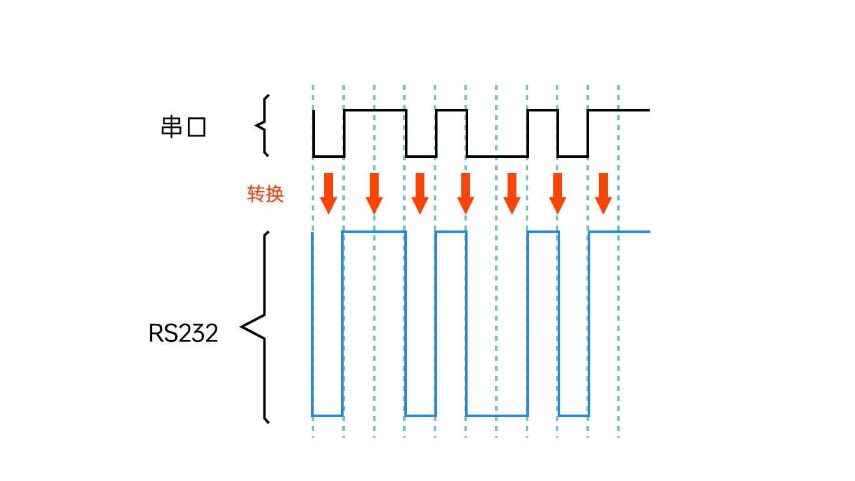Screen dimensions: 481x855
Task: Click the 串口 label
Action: [183, 127]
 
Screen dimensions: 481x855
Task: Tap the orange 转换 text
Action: [266, 194]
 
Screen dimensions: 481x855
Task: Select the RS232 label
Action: [183, 333]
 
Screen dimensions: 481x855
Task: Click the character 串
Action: [172, 127]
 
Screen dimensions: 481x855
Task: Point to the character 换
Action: [275, 194]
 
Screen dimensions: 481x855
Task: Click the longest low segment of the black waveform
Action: [497, 156]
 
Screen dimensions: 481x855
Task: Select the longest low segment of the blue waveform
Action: [497, 415]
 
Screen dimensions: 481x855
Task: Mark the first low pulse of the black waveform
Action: [329, 156]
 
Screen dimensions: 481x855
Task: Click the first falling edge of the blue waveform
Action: [312, 323]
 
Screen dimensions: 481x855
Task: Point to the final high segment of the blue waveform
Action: [620, 232]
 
